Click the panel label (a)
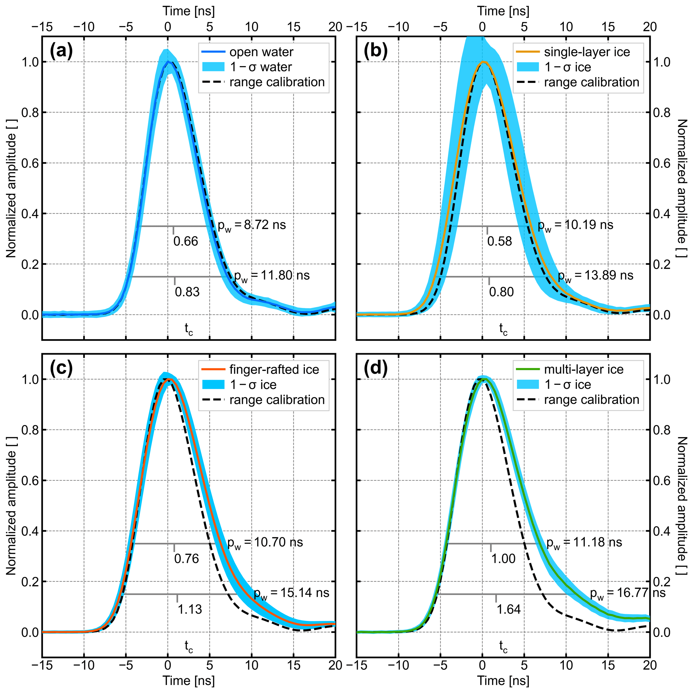[61, 52]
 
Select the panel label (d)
[376, 369]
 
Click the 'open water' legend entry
[261, 52]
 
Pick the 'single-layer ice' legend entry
[587, 52]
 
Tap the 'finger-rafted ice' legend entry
[274, 369]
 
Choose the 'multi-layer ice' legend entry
[584, 369]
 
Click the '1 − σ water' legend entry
[261, 67]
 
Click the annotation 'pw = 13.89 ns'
[595, 276]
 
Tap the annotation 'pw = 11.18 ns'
[584, 543]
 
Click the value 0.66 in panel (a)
[185, 242]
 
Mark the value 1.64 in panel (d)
[509, 609]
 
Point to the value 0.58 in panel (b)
[499, 242]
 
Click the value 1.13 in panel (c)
[190, 609]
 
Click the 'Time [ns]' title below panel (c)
[189, 681]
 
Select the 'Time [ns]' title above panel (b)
[503, 11]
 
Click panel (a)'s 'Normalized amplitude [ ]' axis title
[11, 196]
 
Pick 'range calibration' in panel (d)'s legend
[591, 400]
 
